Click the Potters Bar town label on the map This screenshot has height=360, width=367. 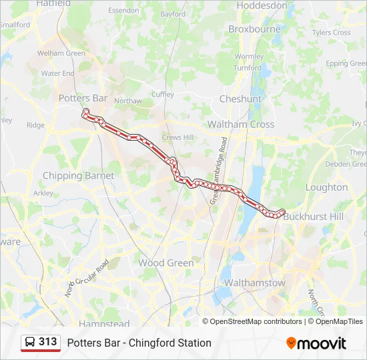click(x=83, y=98)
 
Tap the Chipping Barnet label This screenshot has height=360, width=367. click(x=78, y=176)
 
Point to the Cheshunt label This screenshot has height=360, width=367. click(x=240, y=99)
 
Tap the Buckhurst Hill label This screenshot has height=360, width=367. click(x=313, y=217)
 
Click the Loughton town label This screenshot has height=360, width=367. click(x=326, y=187)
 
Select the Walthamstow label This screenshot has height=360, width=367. click(x=254, y=283)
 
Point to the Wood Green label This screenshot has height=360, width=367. click(x=166, y=263)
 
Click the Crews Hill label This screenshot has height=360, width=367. click(x=177, y=137)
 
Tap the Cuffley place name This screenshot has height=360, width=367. click(x=163, y=95)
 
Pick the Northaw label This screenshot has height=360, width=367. click(x=128, y=101)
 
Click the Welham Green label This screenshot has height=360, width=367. click(x=61, y=53)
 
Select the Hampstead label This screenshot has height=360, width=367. click(x=104, y=324)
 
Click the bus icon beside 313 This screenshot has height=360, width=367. click(x=30, y=343)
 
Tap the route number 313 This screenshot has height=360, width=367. click(x=48, y=342)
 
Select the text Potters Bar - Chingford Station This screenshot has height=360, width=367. click(x=139, y=343)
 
